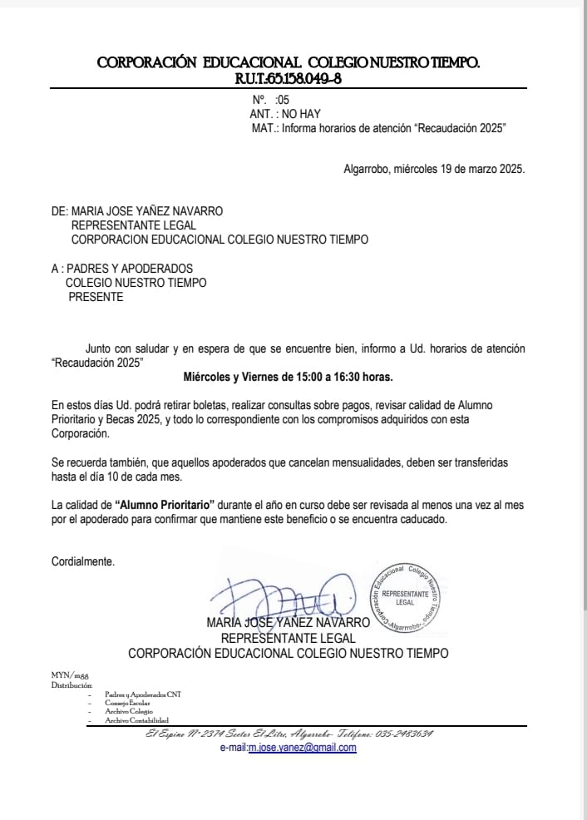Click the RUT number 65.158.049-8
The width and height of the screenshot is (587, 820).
pos(300,79)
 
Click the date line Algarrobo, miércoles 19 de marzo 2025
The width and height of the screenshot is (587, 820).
pos(434,169)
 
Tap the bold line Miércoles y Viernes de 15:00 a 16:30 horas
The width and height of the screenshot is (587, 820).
pos(288,377)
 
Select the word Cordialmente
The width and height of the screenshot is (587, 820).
pos(83,561)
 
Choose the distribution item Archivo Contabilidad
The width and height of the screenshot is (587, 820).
pos(136,719)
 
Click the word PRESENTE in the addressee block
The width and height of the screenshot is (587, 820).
pos(95,297)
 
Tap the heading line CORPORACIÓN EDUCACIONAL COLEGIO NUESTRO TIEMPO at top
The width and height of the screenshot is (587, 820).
pos(288,62)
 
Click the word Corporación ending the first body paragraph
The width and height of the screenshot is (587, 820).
pos(80,433)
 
